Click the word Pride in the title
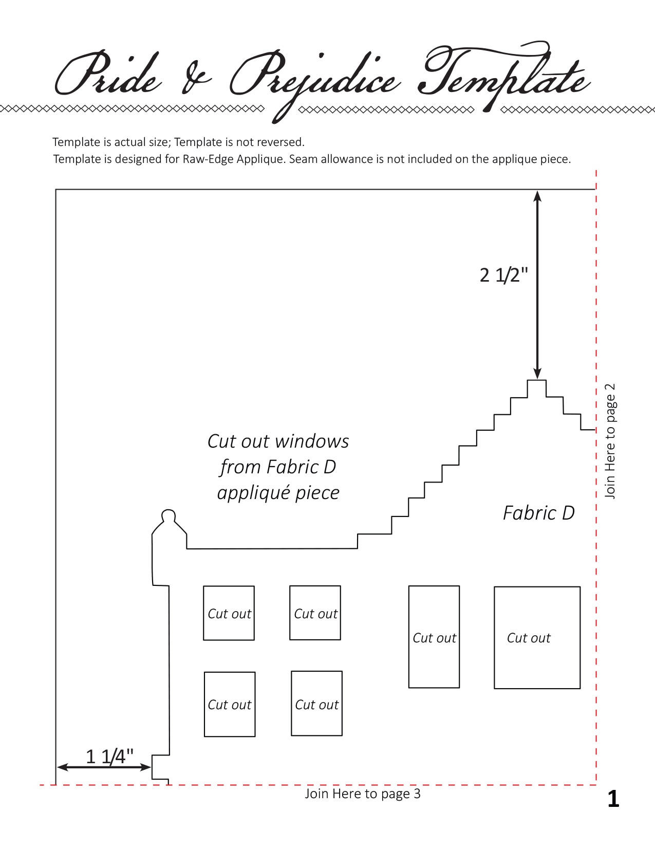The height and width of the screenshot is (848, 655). (108, 73)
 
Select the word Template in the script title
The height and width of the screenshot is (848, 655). (504, 74)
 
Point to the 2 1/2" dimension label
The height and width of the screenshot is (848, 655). (503, 275)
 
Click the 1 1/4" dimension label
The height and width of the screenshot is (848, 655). (109, 757)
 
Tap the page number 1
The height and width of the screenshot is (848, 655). (613, 799)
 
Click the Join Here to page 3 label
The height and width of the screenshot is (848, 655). (363, 794)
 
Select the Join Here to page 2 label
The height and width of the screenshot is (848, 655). (610, 440)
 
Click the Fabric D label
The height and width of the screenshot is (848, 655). (539, 513)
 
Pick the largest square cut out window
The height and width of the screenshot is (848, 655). (537, 638)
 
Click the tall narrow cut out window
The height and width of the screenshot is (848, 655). (434, 637)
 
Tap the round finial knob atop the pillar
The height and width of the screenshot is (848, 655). (169, 515)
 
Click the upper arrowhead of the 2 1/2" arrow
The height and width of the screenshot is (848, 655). (537, 196)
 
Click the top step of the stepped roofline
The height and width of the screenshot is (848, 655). (537, 380)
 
